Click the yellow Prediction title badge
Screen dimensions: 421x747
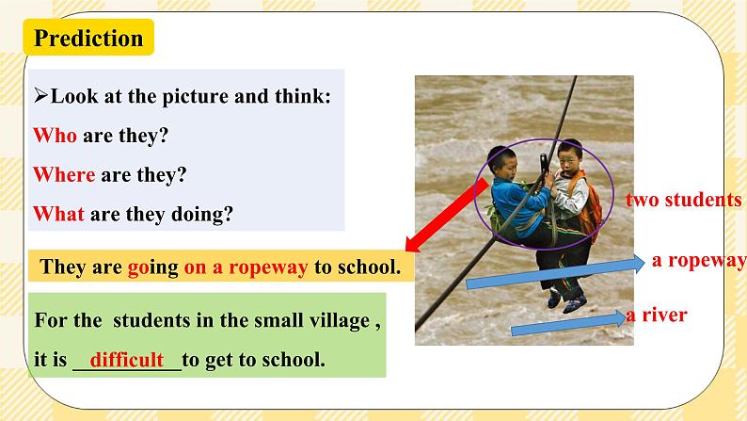click(88, 39)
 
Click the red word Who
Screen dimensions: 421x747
click(55, 136)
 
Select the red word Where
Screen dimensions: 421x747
click(64, 175)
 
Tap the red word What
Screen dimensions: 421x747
click(58, 214)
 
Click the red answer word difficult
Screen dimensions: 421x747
click(127, 360)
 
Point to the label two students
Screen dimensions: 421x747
click(684, 200)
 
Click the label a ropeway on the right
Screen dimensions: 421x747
click(697, 261)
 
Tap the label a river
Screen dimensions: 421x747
click(657, 316)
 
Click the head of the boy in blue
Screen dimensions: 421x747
click(501, 162)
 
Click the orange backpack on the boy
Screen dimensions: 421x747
click(590, 209)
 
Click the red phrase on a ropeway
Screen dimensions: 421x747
click(246, 267)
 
